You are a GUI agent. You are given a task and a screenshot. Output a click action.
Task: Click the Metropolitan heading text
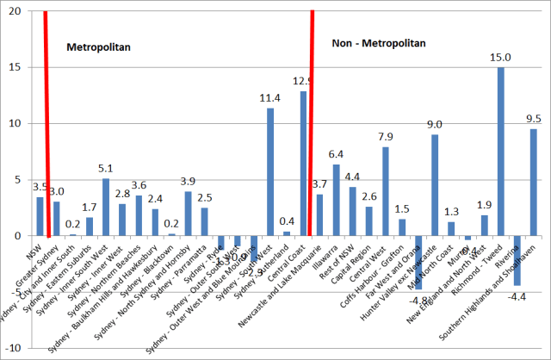point(99,47)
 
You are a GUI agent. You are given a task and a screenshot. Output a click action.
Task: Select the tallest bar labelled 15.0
point(501,151)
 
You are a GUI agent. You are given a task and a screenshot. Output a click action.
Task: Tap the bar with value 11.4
point(270,171)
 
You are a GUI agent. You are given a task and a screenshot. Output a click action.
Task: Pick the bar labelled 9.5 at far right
point(534,182)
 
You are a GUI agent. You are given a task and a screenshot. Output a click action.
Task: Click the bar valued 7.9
point(386,190)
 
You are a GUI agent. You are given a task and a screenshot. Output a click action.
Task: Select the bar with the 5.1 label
point(106,207)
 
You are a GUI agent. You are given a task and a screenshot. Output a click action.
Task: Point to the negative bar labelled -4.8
point(418,262)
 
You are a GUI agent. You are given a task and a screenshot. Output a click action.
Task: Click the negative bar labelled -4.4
point(517,259)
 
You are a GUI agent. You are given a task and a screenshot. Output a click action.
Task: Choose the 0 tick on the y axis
point(20,235)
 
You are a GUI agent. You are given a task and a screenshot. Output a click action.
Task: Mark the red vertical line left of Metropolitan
point(46,121)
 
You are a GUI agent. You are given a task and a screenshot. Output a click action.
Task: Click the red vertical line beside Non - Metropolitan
point(312,121)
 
